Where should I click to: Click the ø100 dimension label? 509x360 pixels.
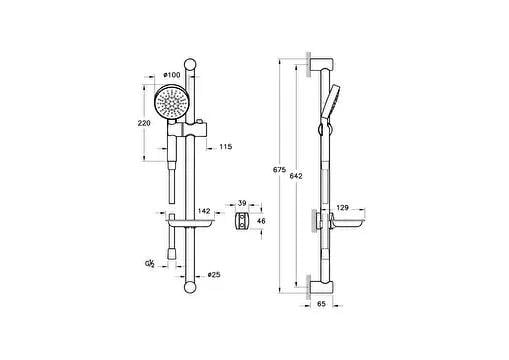pyautogui.click(x=172, y=75)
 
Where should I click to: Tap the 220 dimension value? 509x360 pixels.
pyautogui.click(x=144, y=123)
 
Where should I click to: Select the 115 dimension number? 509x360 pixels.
pyautogui.click(x=226, y=147)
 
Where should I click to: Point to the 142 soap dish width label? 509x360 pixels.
pyautogui.click(x=204, y=211)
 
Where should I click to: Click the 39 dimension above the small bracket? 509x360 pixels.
pyautogui.click(x=242, y=203)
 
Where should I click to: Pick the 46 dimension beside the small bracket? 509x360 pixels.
pyautogui.click(x=261, y=221)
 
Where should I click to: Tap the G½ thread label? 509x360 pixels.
pyautogui.click(x=150, y=264)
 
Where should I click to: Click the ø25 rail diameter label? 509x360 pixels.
pyautogui.click(x=214, y=275)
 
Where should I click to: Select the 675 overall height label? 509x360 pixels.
pyautogui.click(x=279, y=170)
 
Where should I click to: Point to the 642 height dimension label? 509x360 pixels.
pyautogui.click(x=296, y=176)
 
